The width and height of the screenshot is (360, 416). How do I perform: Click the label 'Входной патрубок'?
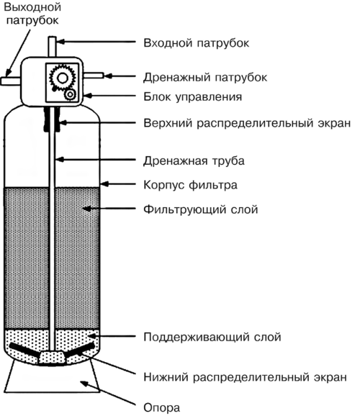196,43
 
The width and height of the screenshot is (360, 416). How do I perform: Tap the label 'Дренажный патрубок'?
205,78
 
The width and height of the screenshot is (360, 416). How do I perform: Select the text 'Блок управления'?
193,97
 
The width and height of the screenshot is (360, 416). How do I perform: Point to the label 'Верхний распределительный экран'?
247,123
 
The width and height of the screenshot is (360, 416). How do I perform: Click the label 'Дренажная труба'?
194,161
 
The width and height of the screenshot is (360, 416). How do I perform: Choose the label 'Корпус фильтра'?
190,185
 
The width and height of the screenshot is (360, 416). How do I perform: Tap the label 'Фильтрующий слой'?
201,209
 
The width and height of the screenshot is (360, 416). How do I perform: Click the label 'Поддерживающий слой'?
212,338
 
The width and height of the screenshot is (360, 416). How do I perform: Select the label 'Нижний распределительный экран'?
245,377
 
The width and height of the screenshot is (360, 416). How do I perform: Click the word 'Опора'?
162,408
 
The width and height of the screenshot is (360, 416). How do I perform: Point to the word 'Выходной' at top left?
32,7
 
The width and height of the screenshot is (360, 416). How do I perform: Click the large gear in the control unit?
62,78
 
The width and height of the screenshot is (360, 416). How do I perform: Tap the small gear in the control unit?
71,95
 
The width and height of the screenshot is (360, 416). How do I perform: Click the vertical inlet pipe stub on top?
52,47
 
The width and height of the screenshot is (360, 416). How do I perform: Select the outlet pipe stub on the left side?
11,81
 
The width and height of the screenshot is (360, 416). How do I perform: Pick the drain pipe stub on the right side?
93,76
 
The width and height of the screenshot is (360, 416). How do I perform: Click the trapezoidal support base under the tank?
52,376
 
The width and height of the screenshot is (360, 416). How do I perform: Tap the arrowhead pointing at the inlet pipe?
60,42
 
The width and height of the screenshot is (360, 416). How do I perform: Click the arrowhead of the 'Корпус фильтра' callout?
104,184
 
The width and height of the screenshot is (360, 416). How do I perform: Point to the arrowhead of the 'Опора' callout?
84,384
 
